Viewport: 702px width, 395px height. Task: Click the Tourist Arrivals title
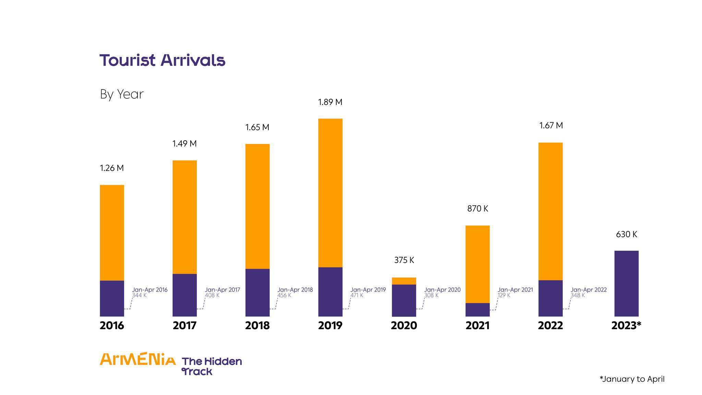162,60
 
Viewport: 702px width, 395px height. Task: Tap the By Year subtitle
122,94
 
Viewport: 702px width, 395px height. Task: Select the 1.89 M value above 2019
330,102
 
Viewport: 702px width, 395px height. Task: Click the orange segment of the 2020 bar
404,281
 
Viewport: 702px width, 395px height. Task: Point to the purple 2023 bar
626,284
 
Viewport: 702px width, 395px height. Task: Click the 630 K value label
626,235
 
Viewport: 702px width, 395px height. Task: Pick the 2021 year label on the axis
477,325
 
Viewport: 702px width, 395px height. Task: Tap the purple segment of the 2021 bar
477,310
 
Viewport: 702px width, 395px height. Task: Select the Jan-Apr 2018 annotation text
295,290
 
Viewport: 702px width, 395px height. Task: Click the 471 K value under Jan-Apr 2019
356,295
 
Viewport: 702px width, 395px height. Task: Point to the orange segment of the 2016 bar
112,233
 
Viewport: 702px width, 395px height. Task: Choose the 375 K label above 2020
404,260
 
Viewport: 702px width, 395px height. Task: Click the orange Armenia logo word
137,359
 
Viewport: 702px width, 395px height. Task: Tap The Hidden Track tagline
211,366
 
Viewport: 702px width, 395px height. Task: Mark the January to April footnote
632,379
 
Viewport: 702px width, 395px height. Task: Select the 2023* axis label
626,325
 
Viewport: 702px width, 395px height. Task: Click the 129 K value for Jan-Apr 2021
504,295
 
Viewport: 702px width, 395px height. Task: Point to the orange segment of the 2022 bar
550,211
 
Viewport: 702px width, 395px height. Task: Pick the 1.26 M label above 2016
112,168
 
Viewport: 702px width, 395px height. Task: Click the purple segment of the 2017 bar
184,295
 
